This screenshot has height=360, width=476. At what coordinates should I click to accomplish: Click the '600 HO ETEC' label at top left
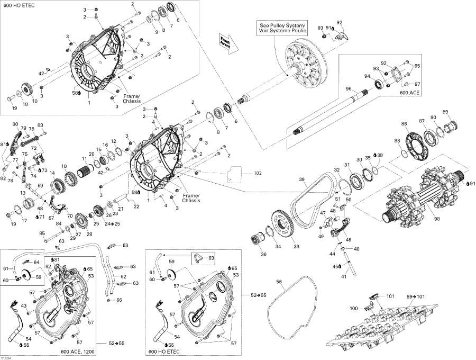tap(16, 5)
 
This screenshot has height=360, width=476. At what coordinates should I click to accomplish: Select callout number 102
tap(258, 173)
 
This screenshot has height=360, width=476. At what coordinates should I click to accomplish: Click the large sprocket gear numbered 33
tap(288, 222)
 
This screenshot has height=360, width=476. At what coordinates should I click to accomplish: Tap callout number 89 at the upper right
tap(445, 112)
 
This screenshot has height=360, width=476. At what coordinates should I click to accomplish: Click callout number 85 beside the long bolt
tap(42, 233)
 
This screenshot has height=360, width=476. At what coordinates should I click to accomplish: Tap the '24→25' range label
tap(112, 224)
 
